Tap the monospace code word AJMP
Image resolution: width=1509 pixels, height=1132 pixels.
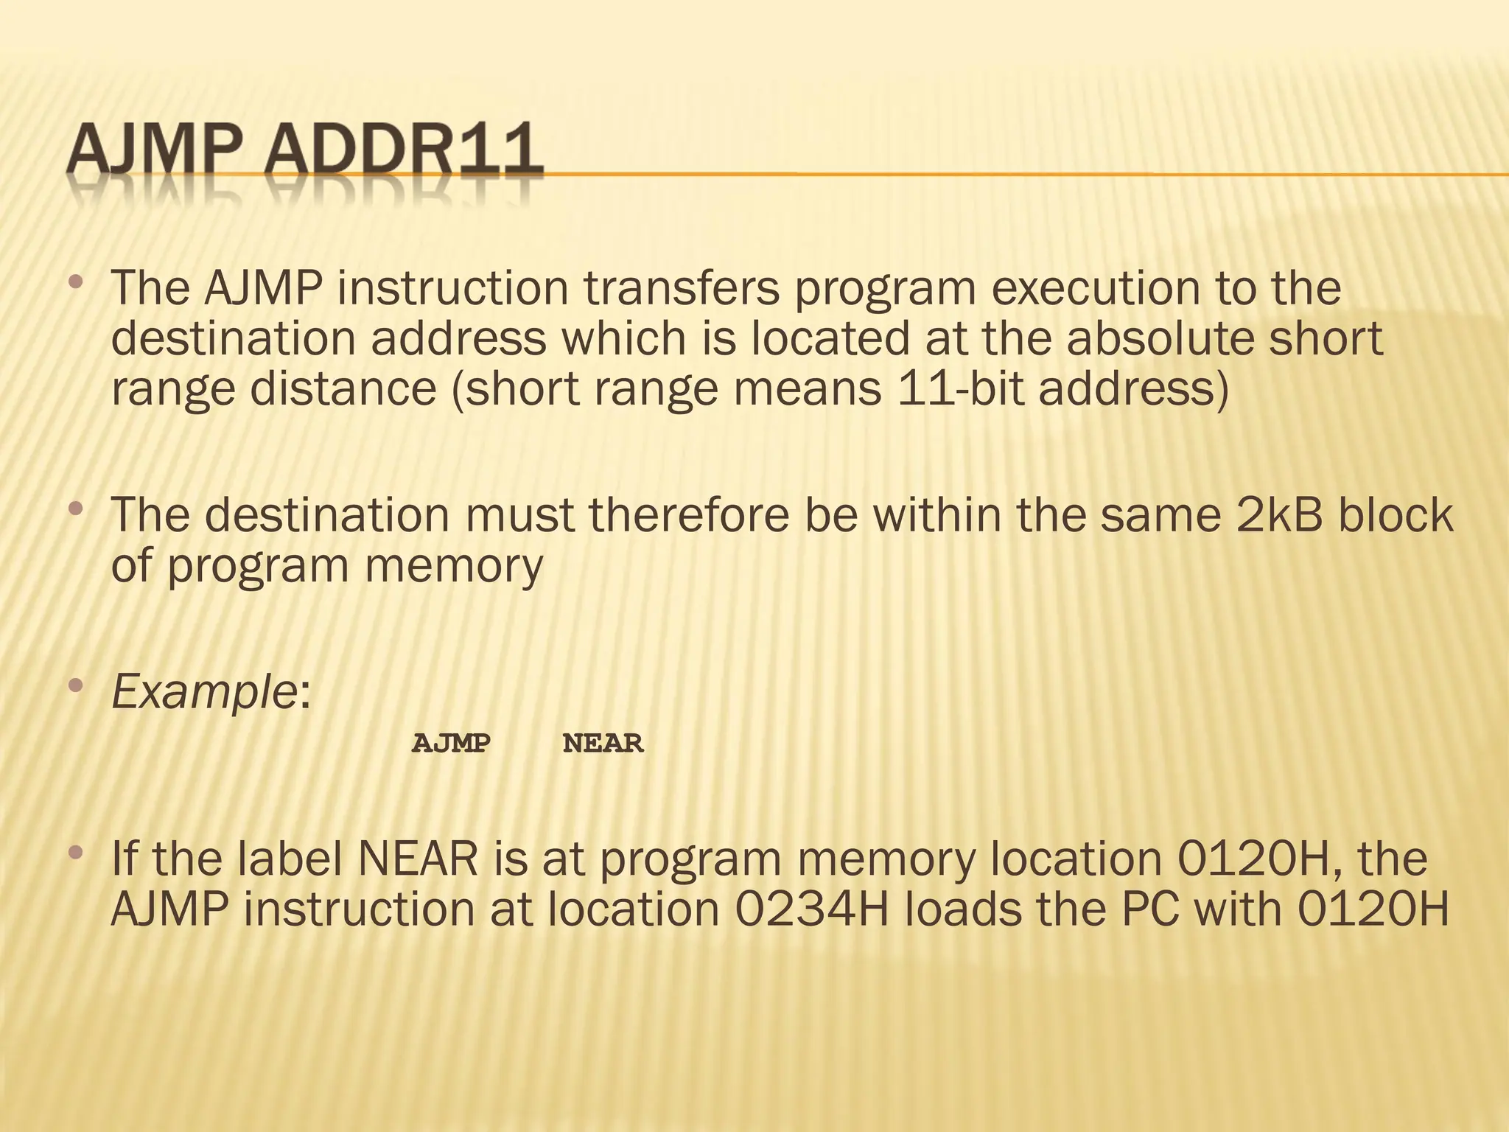point(451,744)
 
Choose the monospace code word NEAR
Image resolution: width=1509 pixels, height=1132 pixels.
point(603,744)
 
